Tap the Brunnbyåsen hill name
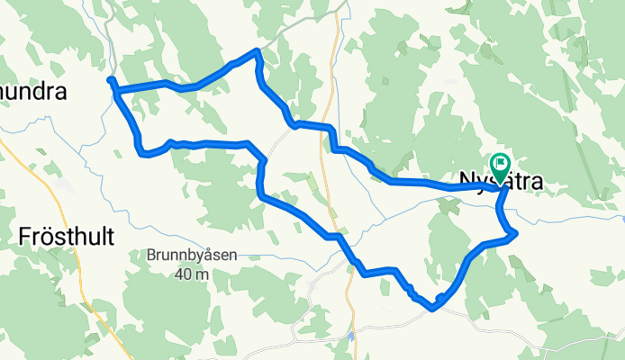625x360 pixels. point(192,255)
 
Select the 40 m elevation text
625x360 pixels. point(192,274)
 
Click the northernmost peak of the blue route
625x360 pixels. point(259,50)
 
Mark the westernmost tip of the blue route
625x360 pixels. point(110,81)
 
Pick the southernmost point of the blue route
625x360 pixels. point(433,309)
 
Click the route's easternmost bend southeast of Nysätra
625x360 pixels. point(516,235)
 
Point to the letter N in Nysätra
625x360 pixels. point(469,182)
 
